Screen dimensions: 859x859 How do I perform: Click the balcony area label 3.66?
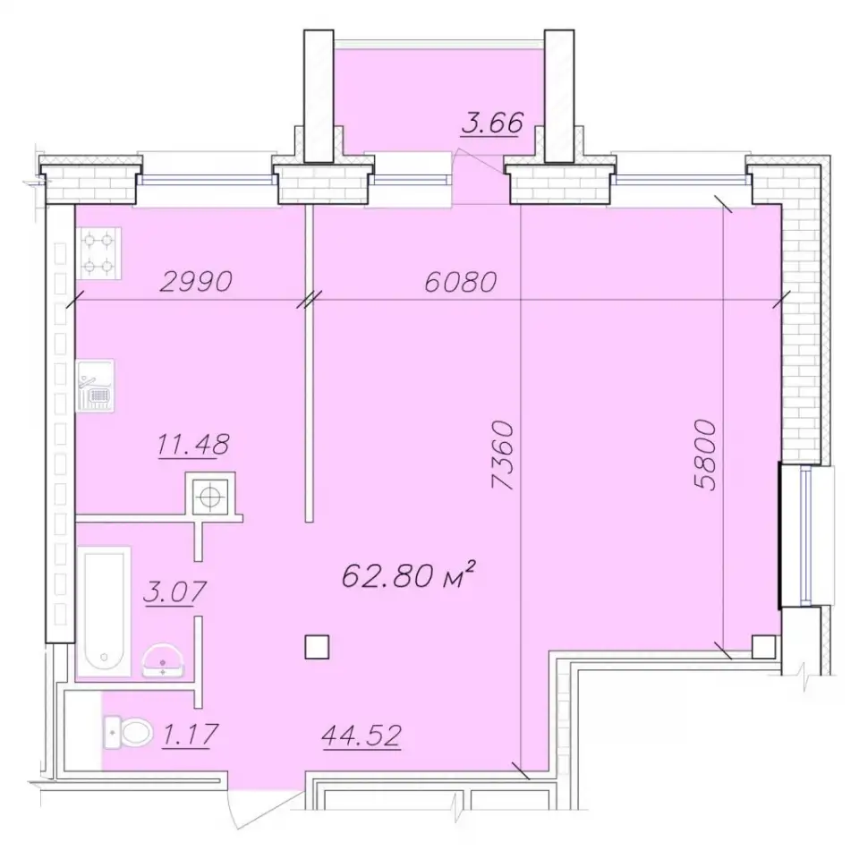492,123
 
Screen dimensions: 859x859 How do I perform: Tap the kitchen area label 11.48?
193,445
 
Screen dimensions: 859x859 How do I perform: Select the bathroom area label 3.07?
174,591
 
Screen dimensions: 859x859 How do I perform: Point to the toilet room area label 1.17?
190,734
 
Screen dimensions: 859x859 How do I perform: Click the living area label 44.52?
361,736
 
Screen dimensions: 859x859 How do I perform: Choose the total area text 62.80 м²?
408,576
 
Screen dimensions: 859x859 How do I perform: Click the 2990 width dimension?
196,282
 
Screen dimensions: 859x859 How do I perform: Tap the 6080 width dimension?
460,282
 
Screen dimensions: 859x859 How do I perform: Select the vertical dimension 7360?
503,455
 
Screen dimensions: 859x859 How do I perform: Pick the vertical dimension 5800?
704,455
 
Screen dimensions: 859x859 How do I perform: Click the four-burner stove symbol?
98,253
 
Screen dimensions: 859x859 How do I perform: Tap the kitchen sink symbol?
95,386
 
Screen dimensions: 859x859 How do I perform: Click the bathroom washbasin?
163,660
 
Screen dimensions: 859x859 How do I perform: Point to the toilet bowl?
129,731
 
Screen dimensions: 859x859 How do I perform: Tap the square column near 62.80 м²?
317,646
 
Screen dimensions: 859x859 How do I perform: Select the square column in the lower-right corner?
763,646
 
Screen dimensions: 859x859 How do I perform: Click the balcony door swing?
480,162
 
